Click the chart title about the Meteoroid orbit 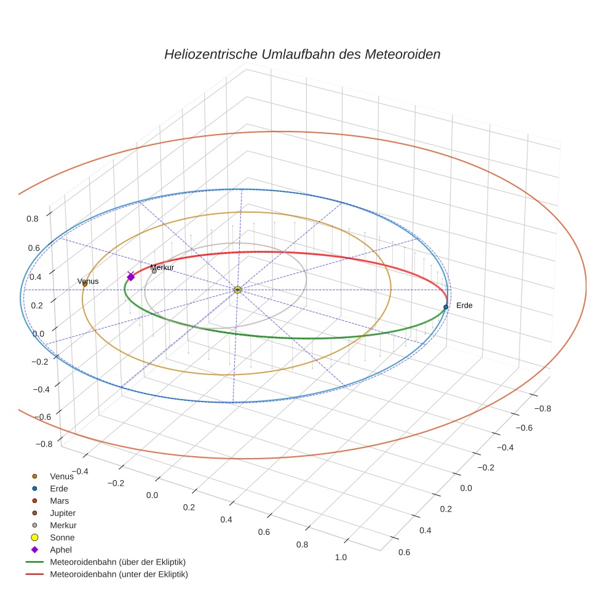[x=302, y=54]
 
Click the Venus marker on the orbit [x=85, y=283]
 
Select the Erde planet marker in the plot [x=446, y=307]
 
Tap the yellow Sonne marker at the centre [x=237, y=289]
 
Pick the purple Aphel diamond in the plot [x=130, y=277]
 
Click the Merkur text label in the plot [x=162, y=267]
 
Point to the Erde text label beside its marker [x=464, y=305]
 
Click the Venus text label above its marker [x=87, y=282]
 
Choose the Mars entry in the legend [x=59, y=500]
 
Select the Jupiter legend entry [x=63, y=513]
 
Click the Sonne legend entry [x=62, y=537]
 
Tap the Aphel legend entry [x=61, y=550]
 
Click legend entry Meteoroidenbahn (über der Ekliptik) [x=117, y=562]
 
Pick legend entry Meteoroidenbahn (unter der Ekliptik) [x=119, y=574]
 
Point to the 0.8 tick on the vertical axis [x=33, y=218]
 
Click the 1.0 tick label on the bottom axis [x=340, y=557]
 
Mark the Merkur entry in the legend [x=63, y=525]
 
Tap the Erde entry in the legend [x=59, y=488]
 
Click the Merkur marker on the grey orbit [x=154, y=271]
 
